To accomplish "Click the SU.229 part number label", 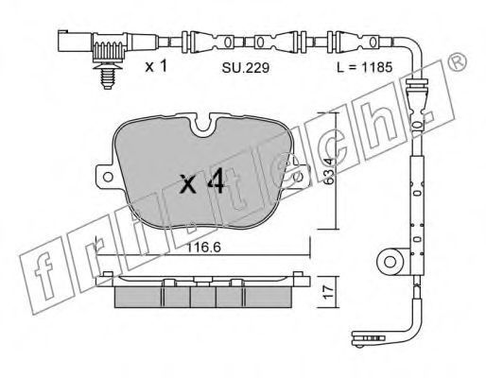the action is click(246, 67).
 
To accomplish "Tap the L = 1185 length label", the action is click(365, 67).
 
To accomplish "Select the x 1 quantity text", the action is click(156, 66).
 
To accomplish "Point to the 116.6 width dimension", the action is click(203, 248).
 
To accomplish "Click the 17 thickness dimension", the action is click(329, 291).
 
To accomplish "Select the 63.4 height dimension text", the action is click(329, 171).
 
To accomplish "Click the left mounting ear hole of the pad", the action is click(108, 177).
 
